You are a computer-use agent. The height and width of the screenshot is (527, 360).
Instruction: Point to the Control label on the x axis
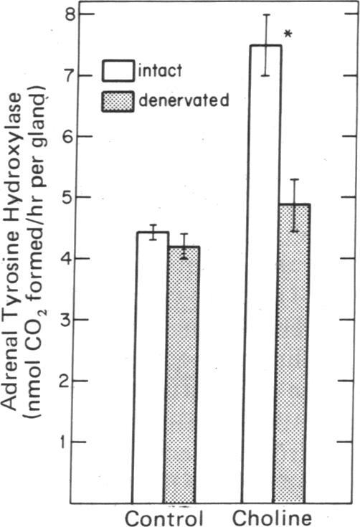(x=164, y=517)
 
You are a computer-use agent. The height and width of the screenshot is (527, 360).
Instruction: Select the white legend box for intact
(x=120, y=70)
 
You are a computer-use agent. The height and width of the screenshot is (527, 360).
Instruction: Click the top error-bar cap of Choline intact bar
(x=266, y=14)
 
